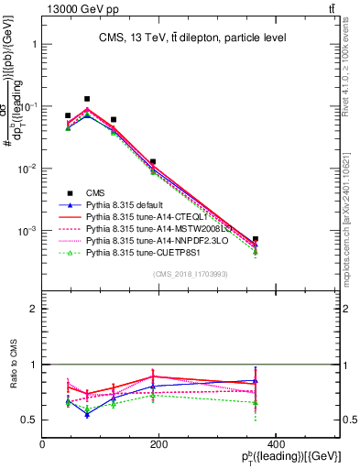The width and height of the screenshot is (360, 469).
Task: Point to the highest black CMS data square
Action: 87,99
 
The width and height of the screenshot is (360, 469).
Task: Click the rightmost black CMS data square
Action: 333,239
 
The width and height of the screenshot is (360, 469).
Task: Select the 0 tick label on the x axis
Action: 43,444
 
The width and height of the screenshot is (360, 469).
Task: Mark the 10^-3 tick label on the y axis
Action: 26,232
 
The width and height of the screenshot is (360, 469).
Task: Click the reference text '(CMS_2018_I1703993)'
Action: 191,274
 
